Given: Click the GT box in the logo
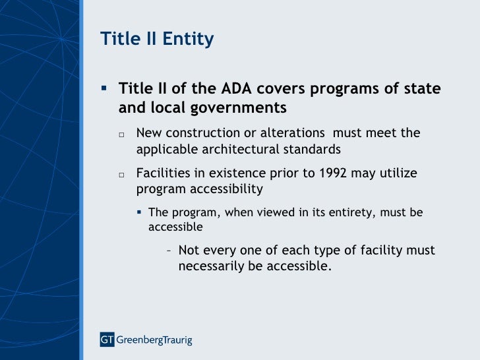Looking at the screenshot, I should [107, 340].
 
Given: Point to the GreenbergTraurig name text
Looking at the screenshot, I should [154, 340].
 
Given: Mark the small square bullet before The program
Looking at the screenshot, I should [140, 213].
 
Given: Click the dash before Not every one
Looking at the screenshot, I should [170, 251].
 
